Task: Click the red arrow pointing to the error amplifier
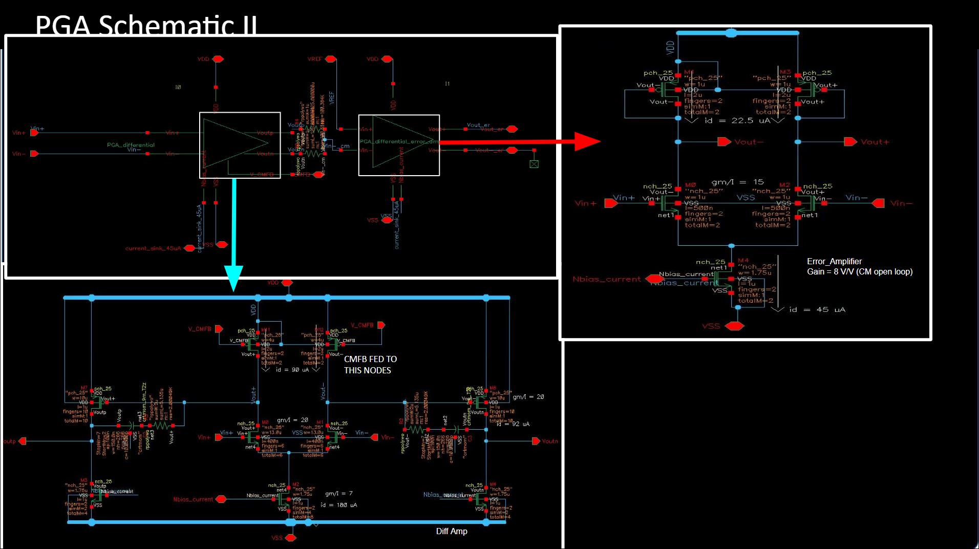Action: pos(517,142)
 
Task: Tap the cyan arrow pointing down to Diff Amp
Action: pos(233,236)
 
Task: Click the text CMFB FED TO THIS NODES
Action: pos(370,365)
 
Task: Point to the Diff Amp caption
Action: pos(451,532)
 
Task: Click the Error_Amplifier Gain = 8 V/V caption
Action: pos(859,267)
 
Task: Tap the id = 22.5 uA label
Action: pos(737,121)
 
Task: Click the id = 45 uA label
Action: pos(817,310)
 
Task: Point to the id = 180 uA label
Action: pos(338,505)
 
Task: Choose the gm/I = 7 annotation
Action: pos(338,494)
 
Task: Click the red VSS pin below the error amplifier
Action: pos(734,326)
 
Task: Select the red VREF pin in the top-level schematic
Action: pos(331,59)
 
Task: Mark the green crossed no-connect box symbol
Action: pos(534,164)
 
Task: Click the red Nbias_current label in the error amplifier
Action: pos(607,279)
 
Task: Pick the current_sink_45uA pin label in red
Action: pos(153,248)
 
